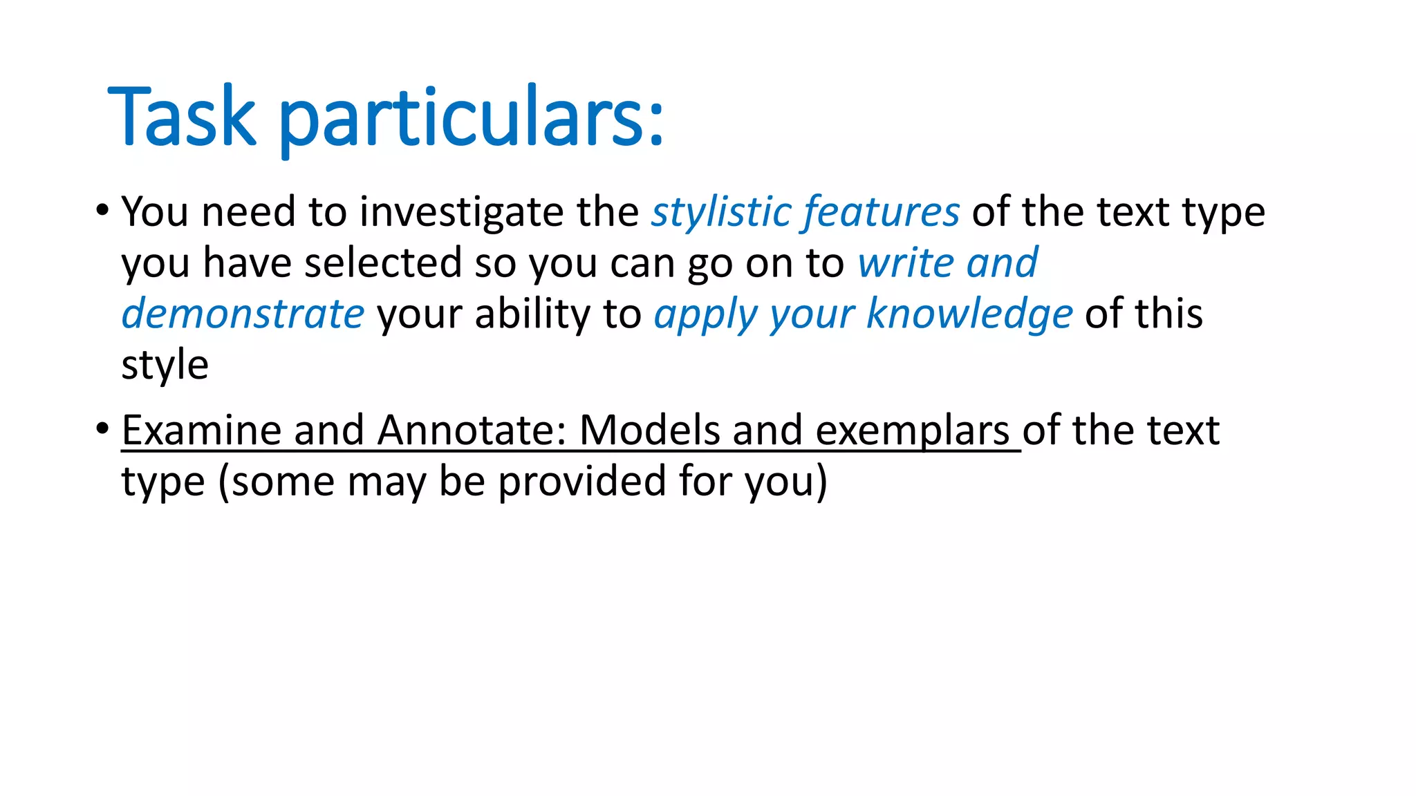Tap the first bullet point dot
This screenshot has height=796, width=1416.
102,209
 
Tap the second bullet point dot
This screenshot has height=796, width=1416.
102,428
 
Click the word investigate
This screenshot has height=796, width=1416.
461,211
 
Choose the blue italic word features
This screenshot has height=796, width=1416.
882,211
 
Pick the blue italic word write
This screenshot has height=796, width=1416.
906,263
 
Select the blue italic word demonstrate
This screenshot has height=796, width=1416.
243,314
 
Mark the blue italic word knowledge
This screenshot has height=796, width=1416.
969,314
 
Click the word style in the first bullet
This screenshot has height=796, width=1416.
165,365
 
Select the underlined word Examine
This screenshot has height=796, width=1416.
201,430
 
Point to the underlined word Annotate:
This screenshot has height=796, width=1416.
472,430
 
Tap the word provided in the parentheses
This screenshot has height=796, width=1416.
582,482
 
